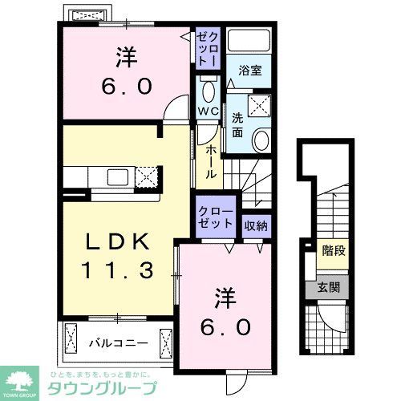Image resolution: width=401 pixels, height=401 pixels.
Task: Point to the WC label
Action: tap(208, 108)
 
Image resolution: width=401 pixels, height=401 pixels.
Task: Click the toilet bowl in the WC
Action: tap(207, 88)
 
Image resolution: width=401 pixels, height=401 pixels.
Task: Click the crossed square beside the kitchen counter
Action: tap(145, 176)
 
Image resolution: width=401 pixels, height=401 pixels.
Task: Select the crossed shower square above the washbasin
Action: tap(260, 104)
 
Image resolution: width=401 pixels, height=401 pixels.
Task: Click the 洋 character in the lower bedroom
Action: tap(225, 298)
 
